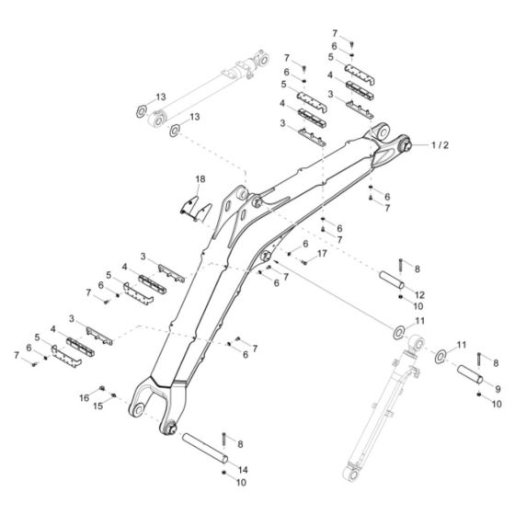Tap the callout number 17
(x=321, y=253)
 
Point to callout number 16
(x=85, y=397)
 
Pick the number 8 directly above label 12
(x=418, y=269)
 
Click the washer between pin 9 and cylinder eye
(x=441, y=357)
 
